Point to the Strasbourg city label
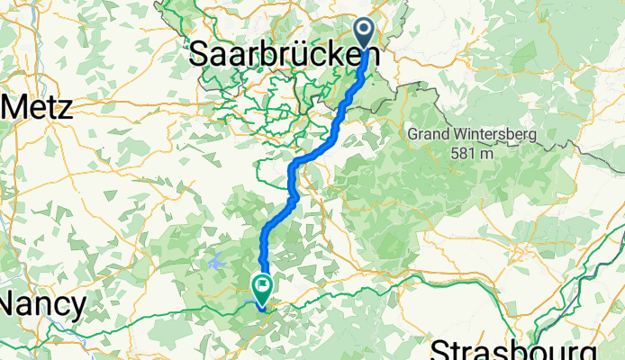click(x=513, y=349)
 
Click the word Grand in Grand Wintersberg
click(x=428, y=135)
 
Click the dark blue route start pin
click(x=366, y=33)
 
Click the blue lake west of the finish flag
click(x=216, y=262)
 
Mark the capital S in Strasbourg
click(x=441, y=349)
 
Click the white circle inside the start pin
click(x=366, y=29)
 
